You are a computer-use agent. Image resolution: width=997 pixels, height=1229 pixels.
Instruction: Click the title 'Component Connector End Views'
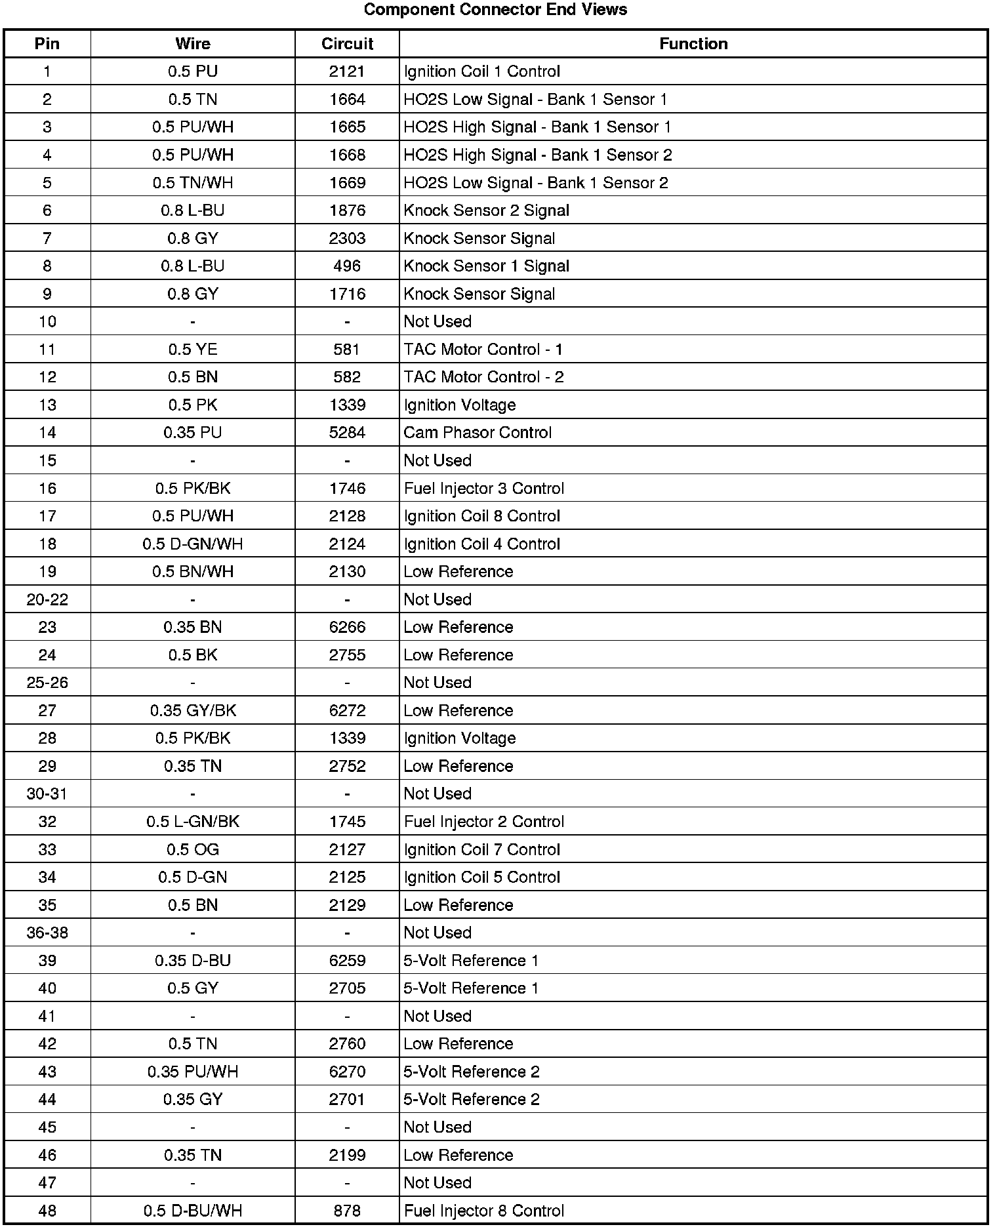pos(495,10)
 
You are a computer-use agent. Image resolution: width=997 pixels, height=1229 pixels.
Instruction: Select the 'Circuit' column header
pos(347,44)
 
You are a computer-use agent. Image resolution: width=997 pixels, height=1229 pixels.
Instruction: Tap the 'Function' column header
pos(693,44)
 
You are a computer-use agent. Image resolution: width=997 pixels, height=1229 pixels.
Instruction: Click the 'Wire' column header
pos(193,44)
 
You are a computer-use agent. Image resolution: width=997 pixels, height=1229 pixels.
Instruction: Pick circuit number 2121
pos(347,71)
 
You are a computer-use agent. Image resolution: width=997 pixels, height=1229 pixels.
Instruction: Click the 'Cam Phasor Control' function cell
pos(478,433)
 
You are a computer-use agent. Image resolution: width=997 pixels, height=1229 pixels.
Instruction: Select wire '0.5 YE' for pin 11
pos(193,350)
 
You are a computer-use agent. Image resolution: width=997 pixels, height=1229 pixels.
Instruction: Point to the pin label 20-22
pos(47,599)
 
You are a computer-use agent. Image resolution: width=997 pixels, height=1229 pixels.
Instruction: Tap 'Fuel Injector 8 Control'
pos(484,1211)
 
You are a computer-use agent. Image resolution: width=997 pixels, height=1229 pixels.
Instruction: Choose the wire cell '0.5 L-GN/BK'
pos(193,822)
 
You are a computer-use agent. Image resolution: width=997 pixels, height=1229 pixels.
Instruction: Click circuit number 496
pos(347,266)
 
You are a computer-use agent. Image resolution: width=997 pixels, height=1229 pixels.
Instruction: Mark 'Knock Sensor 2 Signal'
pos(486,211)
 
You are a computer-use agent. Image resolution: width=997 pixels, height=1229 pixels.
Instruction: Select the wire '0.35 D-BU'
pos(193,961)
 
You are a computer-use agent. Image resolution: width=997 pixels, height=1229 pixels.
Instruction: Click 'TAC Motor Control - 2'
pos(483,377)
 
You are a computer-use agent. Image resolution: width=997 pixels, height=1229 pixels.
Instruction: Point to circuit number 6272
pos(347,711)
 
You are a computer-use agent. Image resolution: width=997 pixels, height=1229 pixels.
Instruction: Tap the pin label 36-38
pos(47,933)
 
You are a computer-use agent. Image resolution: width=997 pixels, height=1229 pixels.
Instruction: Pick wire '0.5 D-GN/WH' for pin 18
pos(193,544)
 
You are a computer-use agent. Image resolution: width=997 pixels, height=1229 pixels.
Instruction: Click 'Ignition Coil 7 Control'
pos(482,850)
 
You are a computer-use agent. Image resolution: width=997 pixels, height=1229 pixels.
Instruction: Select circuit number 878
pos(347,1211)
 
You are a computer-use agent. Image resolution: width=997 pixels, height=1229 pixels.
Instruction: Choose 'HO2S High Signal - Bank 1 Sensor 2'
pos(538,155)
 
